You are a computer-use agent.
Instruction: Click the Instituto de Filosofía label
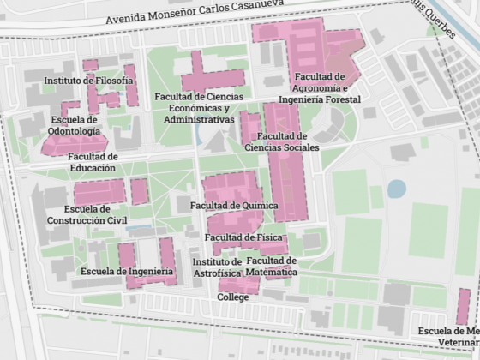pyautogui.click(x=89, y=81)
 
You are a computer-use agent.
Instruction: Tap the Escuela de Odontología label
pyautogui.click(x=74, y=126)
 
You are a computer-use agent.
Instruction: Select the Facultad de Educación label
pyautogui.click(x=93, y=162)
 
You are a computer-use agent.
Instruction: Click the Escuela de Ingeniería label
pyautogui.click(x=127, y=272)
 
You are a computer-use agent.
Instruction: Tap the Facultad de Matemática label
pyautogui.click(x=271, y=266)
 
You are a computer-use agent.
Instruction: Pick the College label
pyautogui.click(x=233, y=297)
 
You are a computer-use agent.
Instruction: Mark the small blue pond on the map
pyautogui.click(x=396, y=189)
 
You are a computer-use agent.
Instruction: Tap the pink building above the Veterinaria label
pyautogui.click(x=463, y=306)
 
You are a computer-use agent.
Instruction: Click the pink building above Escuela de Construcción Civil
pyautogui.click(x=99, y=192)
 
